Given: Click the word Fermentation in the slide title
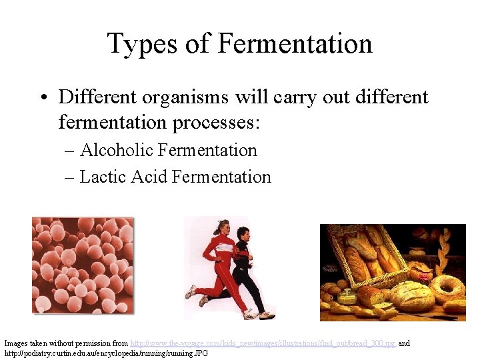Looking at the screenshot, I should [x=295, y=44].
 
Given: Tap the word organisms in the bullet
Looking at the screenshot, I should [x=199, y=97].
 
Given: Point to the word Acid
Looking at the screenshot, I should [x=149, y=177].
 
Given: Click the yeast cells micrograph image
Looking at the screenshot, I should [x=82, y=265].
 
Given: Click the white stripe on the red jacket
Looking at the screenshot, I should [x=224, y=248].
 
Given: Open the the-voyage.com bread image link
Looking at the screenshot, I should [x=263, y=343].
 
